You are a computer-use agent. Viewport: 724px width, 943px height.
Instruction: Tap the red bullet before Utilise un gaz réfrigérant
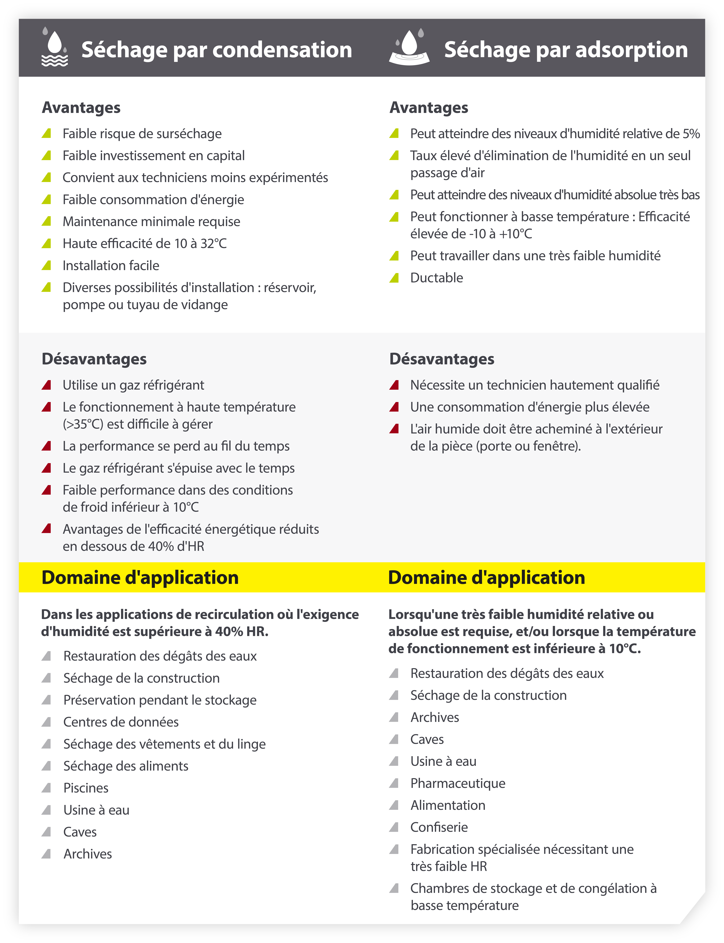[46, 385]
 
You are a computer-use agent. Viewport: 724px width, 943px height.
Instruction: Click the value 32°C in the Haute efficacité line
[213, 244]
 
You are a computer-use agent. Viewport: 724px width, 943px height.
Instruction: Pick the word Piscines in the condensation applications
[86, 788]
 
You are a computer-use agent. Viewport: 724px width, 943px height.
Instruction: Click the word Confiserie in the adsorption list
[439, 827]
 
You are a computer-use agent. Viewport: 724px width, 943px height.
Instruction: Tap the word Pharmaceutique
[458, 783]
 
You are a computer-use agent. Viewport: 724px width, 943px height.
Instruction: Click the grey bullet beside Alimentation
[394, 805]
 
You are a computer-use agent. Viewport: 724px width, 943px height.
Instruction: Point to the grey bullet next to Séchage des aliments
[46, 766]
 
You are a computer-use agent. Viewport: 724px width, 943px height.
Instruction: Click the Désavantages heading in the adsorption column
[442, 359]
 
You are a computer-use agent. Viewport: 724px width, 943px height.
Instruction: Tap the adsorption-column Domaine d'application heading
[487, 578]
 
